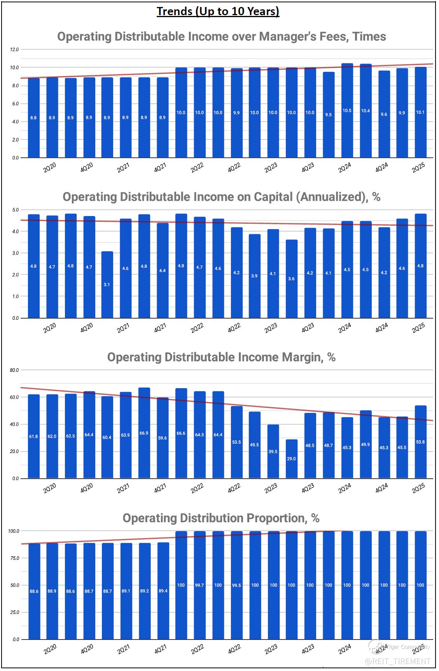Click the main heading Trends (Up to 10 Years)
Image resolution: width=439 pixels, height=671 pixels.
pos(218,12)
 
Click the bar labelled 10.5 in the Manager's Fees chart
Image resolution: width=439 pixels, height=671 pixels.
pos(347,111)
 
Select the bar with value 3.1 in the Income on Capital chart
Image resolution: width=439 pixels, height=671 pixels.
pos(107,285)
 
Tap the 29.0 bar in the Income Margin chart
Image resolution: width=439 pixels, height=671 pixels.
pos(291,459)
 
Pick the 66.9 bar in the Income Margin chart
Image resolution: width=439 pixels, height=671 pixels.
pos(144,433)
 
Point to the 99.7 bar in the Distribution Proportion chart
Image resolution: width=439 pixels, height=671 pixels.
pos(199,585)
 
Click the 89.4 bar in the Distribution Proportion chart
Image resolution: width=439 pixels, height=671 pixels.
pos(163,591)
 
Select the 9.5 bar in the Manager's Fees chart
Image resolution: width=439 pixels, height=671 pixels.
pos(329,115)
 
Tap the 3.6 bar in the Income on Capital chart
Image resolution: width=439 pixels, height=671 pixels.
pos(291,279)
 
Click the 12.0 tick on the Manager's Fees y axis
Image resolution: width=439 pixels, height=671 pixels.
pos(14,50)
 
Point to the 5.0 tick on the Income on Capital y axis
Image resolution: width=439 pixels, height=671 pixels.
pos(16,210)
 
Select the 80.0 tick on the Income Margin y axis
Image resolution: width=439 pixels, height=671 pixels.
pos(14,370)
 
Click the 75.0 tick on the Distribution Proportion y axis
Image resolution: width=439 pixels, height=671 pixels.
pos(14,558)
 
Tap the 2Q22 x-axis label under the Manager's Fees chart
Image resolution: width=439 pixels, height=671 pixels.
pos(197,168)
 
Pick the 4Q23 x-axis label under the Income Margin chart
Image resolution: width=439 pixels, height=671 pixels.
pos(308,488)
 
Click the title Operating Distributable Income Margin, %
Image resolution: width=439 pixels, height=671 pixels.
pos(221,357)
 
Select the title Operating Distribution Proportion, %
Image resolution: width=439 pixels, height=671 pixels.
pos(221,518)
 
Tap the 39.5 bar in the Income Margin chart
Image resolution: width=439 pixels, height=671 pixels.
pos(273,451)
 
